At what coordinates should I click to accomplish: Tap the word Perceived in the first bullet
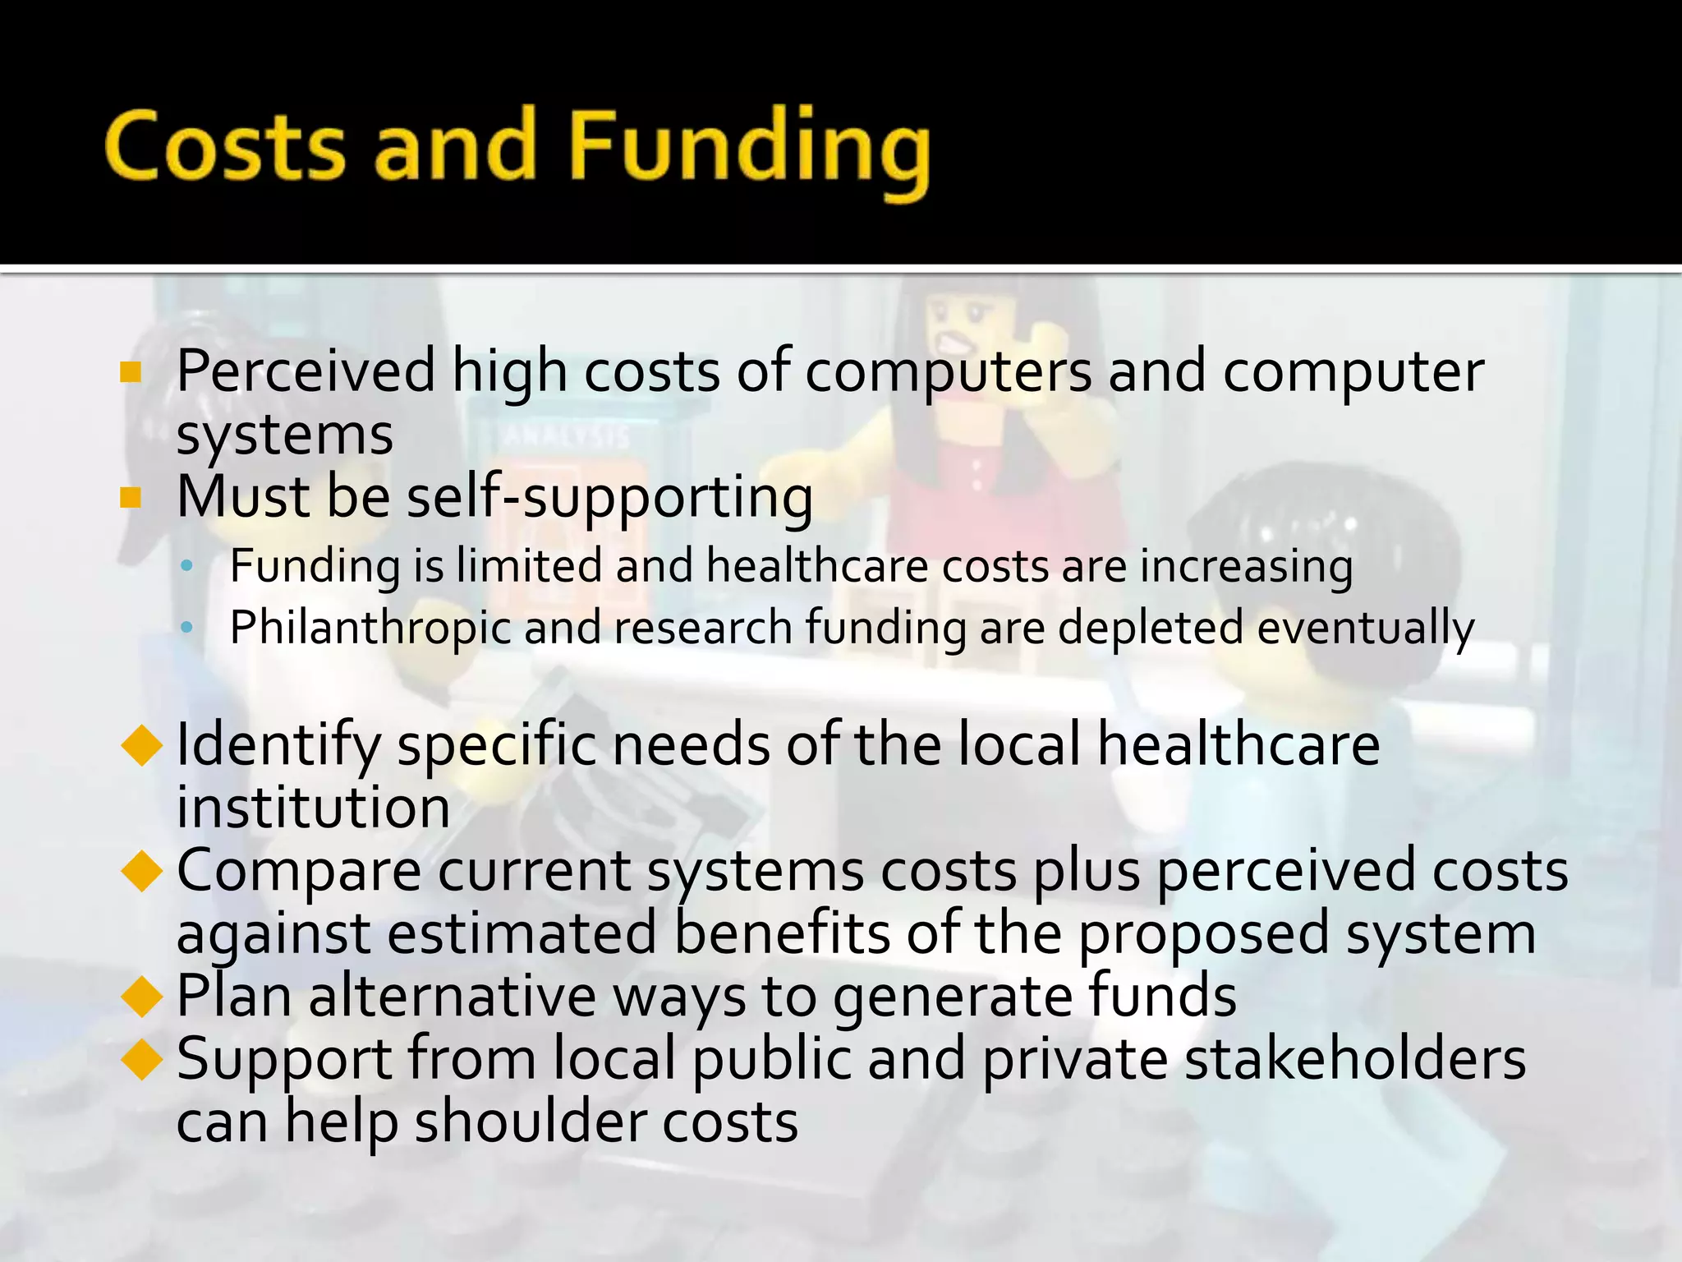(306, 371)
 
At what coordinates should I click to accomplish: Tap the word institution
(313, 808)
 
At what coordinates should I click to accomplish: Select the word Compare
(299, 871)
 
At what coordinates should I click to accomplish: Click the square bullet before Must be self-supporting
(131, 498)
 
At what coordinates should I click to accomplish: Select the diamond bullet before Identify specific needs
(141, 744)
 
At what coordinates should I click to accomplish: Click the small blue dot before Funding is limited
(187, 566)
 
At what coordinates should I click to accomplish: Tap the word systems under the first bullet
(284, 435)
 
